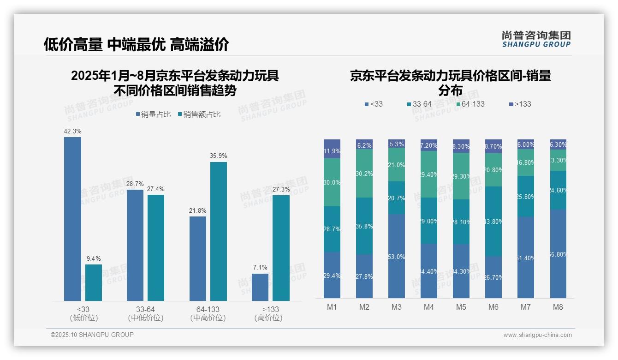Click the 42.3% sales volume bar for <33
click(72, 219)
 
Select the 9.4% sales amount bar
click(94, 282)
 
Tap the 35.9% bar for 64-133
click(219, 231)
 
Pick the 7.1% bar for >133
click(260, 287)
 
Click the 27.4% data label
click(155, 189)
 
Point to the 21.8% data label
click(197, 211)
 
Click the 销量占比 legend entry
click(153, 114)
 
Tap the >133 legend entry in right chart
click(520, 104)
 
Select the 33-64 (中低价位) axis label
click(146, 313)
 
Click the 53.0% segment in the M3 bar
click(397, 256)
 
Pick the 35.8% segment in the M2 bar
click(364, 226)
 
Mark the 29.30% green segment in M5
click(461, 176)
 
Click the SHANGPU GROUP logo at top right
click(536, 39)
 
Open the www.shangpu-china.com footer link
click(537, 335)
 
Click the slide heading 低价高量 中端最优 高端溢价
click(137, 45)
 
